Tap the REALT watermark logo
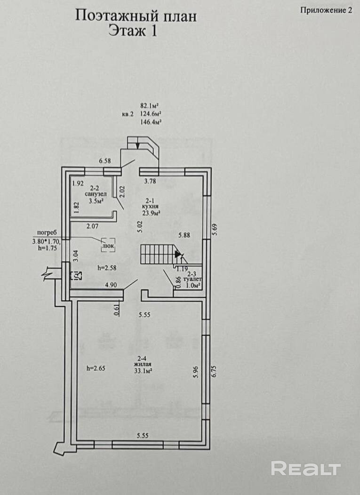point(306,468)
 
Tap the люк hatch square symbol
point(108,244)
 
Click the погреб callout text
point(47,232)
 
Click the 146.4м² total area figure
point(151,122)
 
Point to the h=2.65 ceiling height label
point(96,368)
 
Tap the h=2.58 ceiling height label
point(107,268)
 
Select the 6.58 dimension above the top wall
point(105,161)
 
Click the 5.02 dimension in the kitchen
point(140,227)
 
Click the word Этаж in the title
point(127,31)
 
